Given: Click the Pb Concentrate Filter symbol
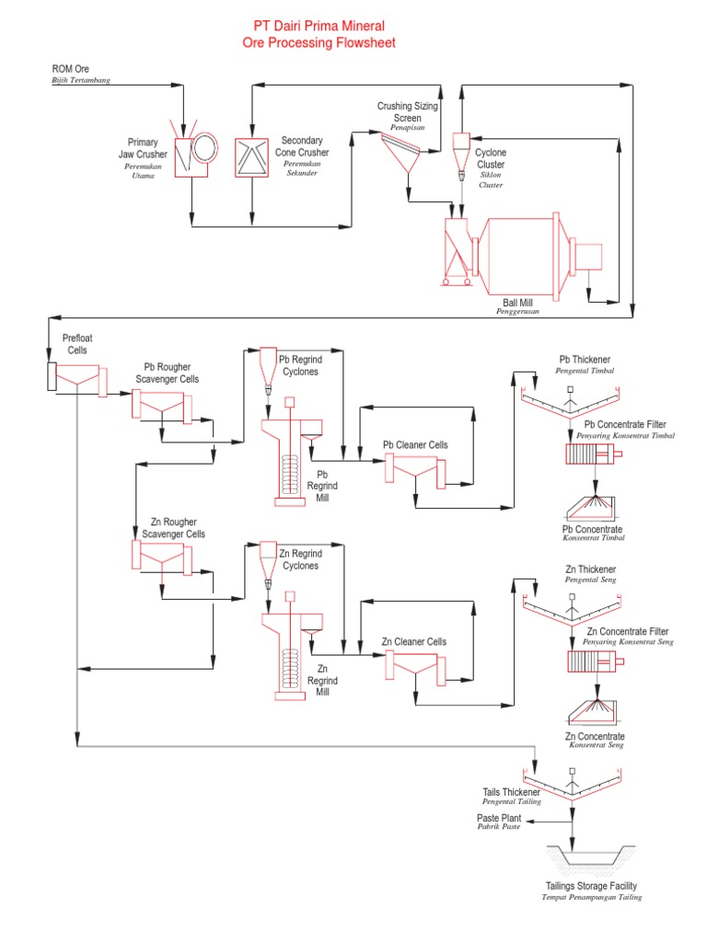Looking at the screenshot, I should click(595, 454).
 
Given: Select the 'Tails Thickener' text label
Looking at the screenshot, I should click(512, 792).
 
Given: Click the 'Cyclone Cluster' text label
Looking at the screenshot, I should click(491, 158).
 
